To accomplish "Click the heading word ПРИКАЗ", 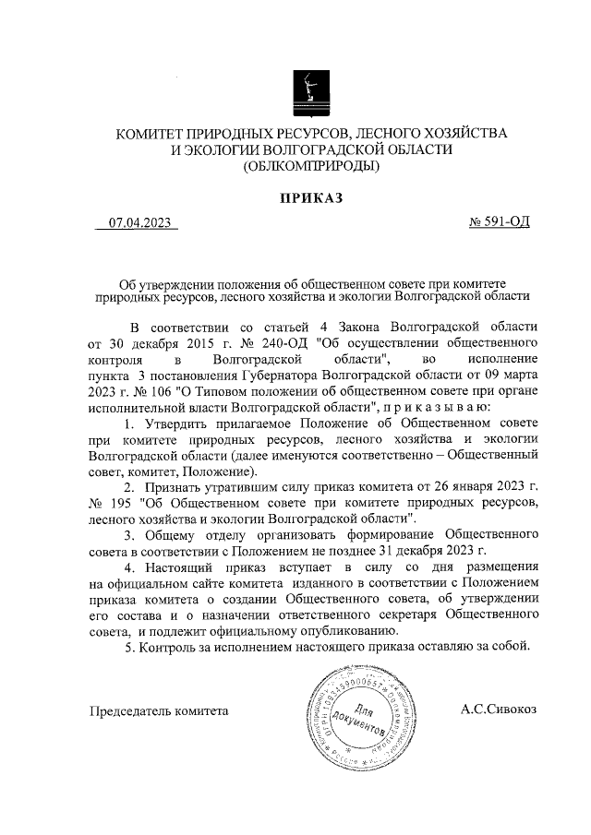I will coord(311,197).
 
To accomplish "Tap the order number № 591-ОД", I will coord(500,223).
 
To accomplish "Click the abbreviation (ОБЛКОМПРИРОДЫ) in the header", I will coord(311,167).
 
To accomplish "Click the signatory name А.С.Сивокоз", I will coord(498,710).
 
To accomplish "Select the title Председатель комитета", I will coord(158,711).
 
